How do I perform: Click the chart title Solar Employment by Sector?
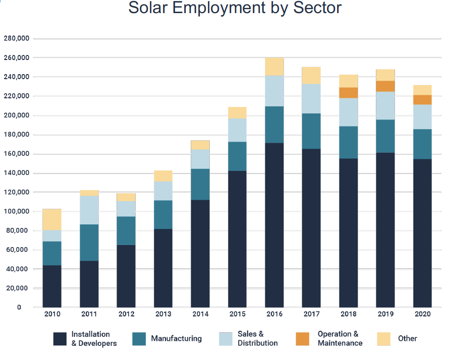(235, 9)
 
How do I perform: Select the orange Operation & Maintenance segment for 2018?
(349, 93)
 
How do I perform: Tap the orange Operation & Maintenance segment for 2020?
(423, 100)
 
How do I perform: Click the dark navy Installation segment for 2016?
(274, 225)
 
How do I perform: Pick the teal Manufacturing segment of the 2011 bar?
(89, 243)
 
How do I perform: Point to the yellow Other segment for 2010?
(52, 219)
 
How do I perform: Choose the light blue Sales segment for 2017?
(311, 99)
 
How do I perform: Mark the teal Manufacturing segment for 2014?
(200, 185)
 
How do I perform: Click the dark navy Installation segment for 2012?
(126, 276)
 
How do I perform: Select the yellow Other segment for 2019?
(385, 75)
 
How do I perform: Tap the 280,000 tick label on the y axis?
(17, 39)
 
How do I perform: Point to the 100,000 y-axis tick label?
(17, 211)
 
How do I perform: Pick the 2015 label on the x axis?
(237, 315)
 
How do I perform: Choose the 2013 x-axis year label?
(163, 315)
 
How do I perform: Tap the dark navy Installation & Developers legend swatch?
(60, 338)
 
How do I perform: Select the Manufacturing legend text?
(176, 338)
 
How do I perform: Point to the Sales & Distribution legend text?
(257, 338)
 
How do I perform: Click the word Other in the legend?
(408, 338)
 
